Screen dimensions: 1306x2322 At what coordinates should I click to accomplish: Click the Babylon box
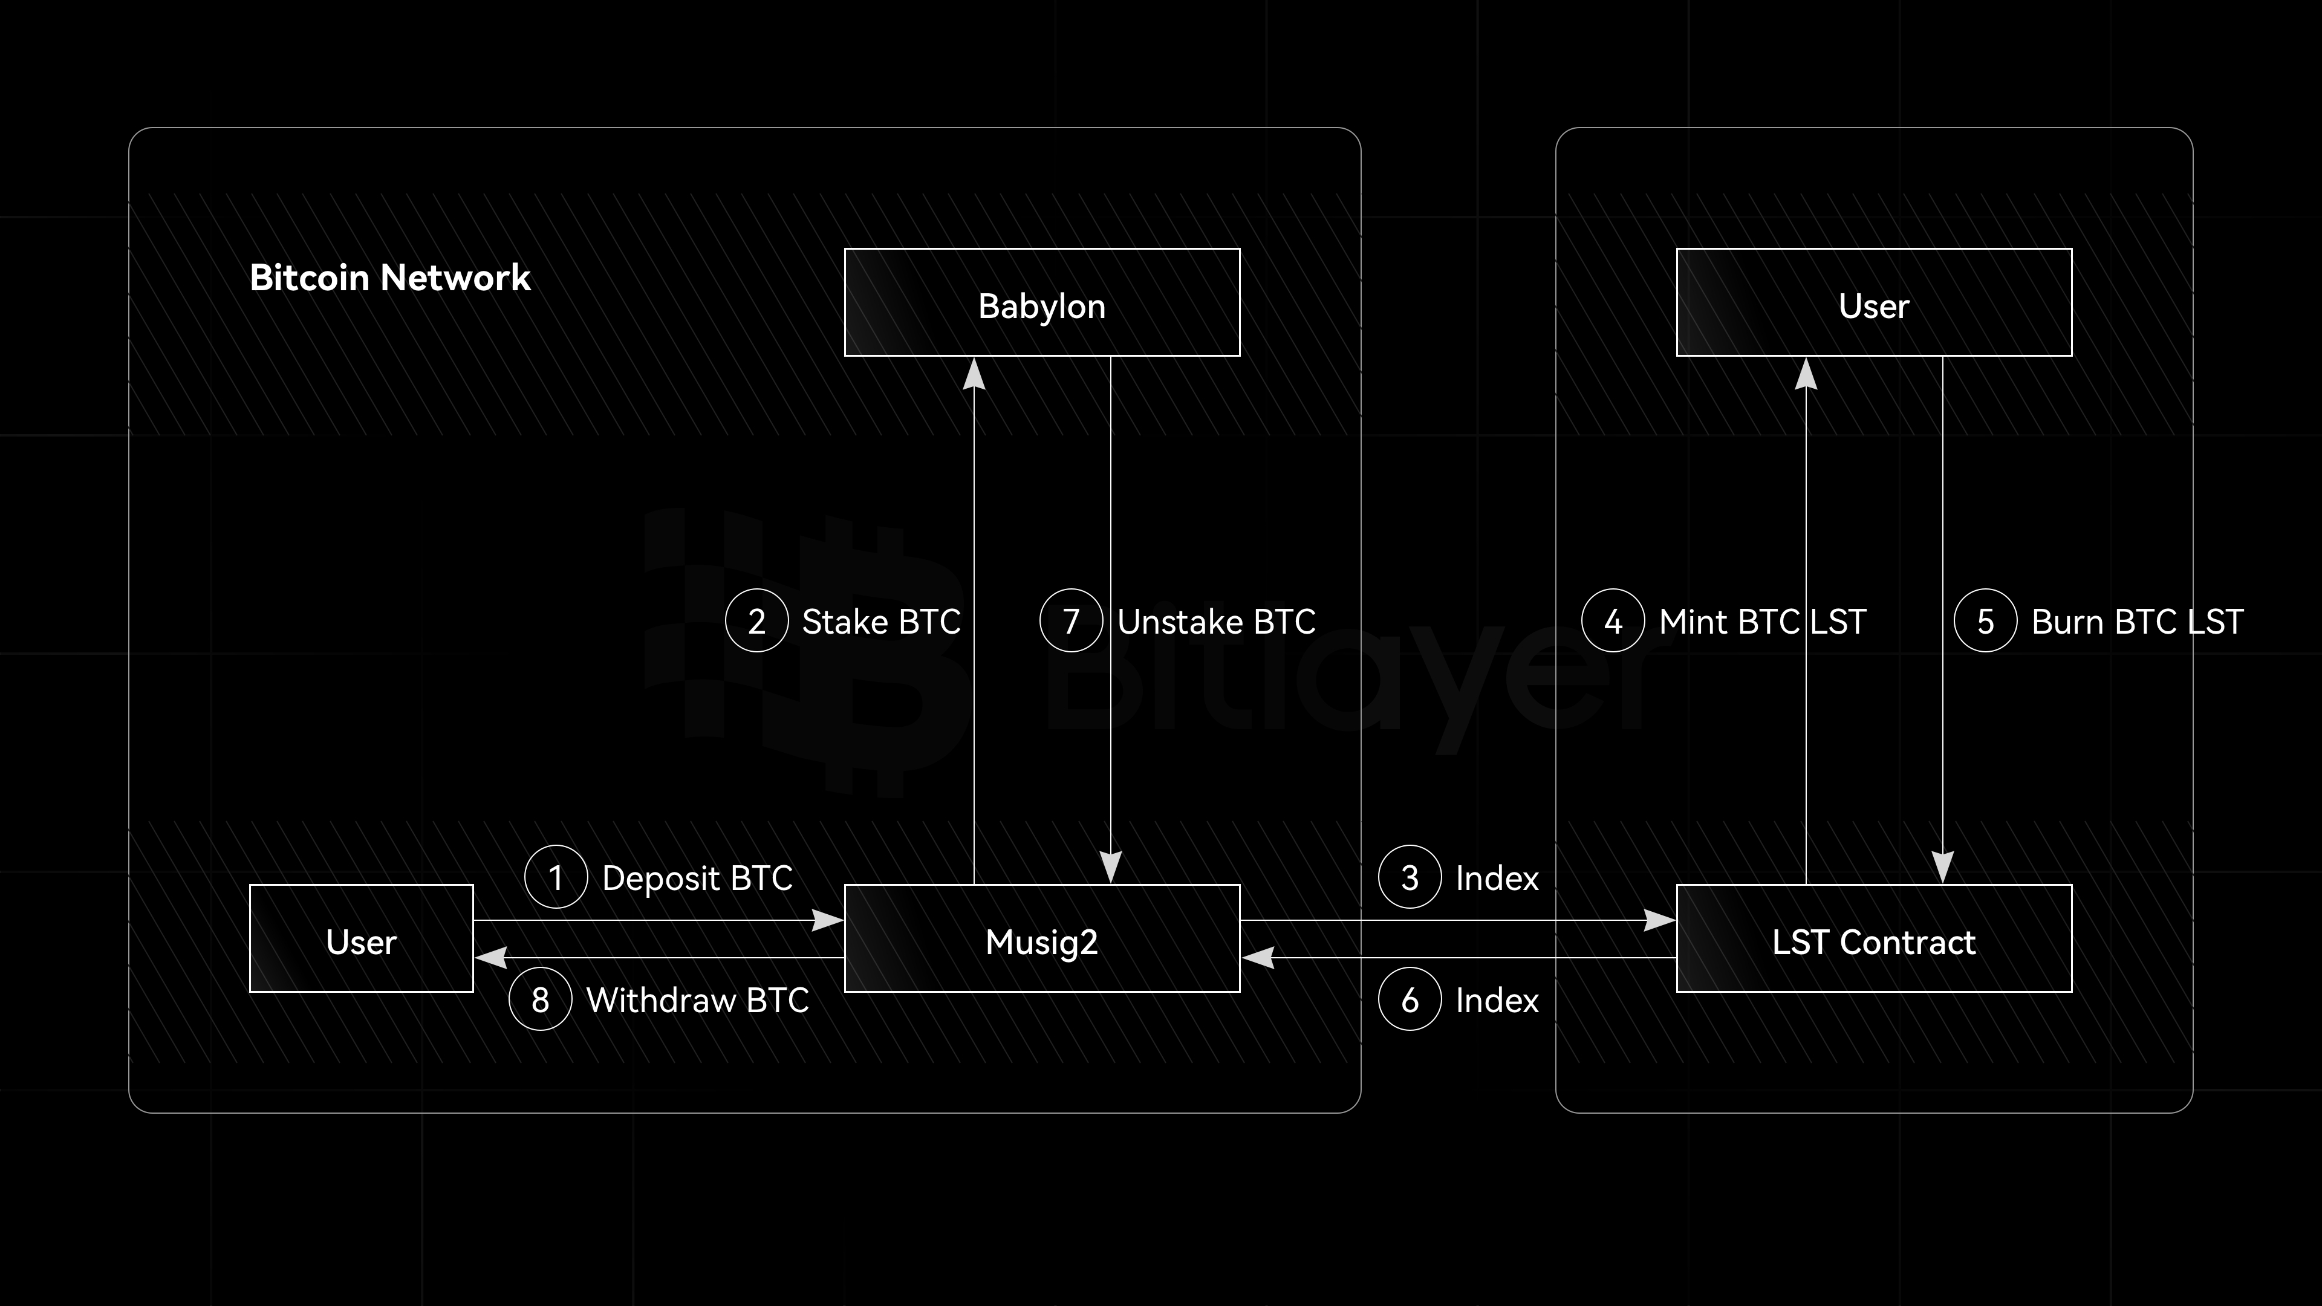(1042, 303)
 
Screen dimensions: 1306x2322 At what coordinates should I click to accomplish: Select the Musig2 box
(1042, 938)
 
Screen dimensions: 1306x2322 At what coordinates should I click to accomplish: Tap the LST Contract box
(1874, 938)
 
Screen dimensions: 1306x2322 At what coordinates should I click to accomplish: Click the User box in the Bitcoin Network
(362, 938)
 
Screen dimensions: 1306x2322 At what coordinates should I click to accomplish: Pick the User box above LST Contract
(1874, 303)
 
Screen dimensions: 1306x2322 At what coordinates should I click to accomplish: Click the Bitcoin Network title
(389, 278)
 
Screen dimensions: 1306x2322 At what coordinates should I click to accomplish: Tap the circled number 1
(556, 877)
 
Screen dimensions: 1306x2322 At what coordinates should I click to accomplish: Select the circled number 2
(756, 620)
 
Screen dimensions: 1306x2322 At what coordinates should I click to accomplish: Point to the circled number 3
(1410, 877)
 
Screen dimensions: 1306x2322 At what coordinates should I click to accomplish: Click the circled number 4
(1613, 620)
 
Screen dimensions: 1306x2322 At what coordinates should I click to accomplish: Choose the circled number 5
(1985, 620)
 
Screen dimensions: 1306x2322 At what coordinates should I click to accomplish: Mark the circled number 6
(1410, 999)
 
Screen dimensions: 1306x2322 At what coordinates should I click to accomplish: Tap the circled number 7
(1071, 620)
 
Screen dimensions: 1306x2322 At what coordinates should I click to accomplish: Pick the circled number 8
(540, 999)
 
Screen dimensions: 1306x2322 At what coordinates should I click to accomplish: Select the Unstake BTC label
(1216, 621)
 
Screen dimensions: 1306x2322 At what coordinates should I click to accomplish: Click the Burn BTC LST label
(2136, 621)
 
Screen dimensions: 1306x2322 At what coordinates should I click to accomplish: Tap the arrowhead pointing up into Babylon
(974, 374)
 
